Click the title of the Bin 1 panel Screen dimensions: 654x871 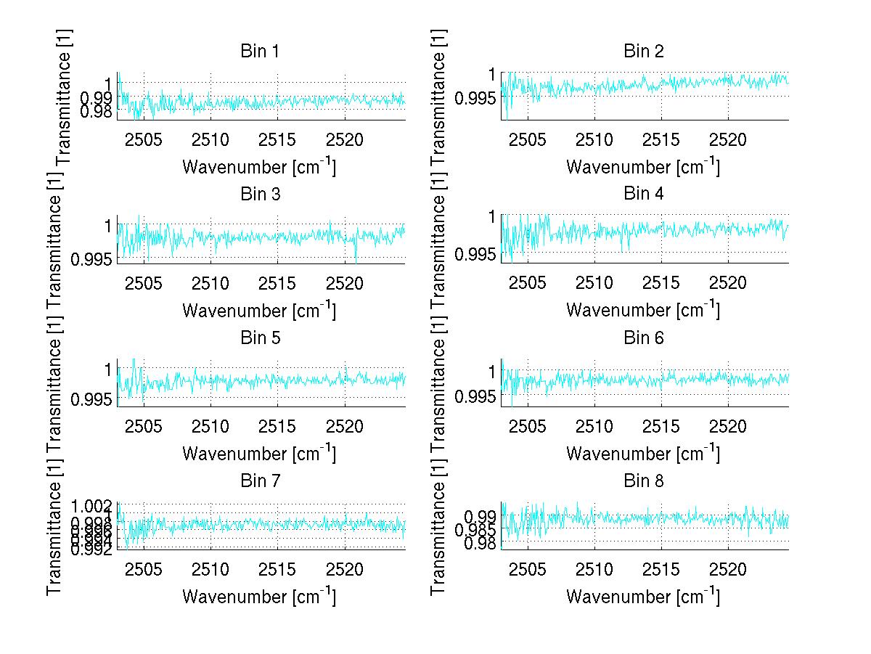click(x=259, y=52)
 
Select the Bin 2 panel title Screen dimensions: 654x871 click(x=643, y=52)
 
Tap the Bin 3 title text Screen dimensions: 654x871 click(x=259, y=195)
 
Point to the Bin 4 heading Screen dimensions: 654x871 click(x=643, y=195)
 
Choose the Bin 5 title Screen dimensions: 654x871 click(x=259, y=338)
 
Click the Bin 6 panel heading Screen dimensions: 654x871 click(x=643, y=338)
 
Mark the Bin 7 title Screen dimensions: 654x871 click(x=259, y=481)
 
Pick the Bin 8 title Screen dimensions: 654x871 click(x=643, y=481)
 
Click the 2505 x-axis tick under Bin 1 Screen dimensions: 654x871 click(x=144, y=139)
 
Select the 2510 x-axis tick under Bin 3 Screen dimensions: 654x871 click(x=210, y=282)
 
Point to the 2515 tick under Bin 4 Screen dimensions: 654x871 click(x=661, y=282)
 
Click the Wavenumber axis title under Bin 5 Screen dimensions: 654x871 click(x=259, y=454)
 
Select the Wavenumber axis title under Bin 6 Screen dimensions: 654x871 click(x=643, y=454)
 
